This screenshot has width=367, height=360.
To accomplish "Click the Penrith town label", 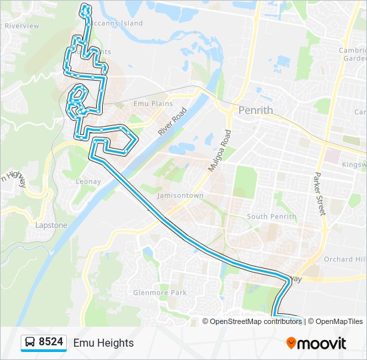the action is click(x=256, y=109).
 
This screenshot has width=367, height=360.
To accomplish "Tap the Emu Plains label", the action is click(x=153, y=103).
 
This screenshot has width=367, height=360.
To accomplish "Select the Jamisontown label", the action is click(x=180, y=195).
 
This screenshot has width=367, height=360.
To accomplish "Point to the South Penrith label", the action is click(x=271, y=217).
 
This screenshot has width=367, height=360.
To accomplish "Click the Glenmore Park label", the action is click(x=159, y=292).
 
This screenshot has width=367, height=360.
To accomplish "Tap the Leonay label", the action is click(x=88, y=181).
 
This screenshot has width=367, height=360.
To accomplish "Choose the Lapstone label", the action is click(x=51, y=225).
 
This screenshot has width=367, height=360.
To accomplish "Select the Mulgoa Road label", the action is click(x=218, y=152).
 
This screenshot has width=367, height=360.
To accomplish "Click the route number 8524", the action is click(x=51, y=343).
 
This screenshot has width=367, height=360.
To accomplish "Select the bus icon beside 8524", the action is click(x=31, y=343).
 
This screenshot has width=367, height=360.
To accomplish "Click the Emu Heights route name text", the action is click(x=103, y=343).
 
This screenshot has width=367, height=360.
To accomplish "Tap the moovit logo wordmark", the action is click(x=322, y=343).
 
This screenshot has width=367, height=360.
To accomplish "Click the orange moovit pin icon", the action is click(x=291, y=343).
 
